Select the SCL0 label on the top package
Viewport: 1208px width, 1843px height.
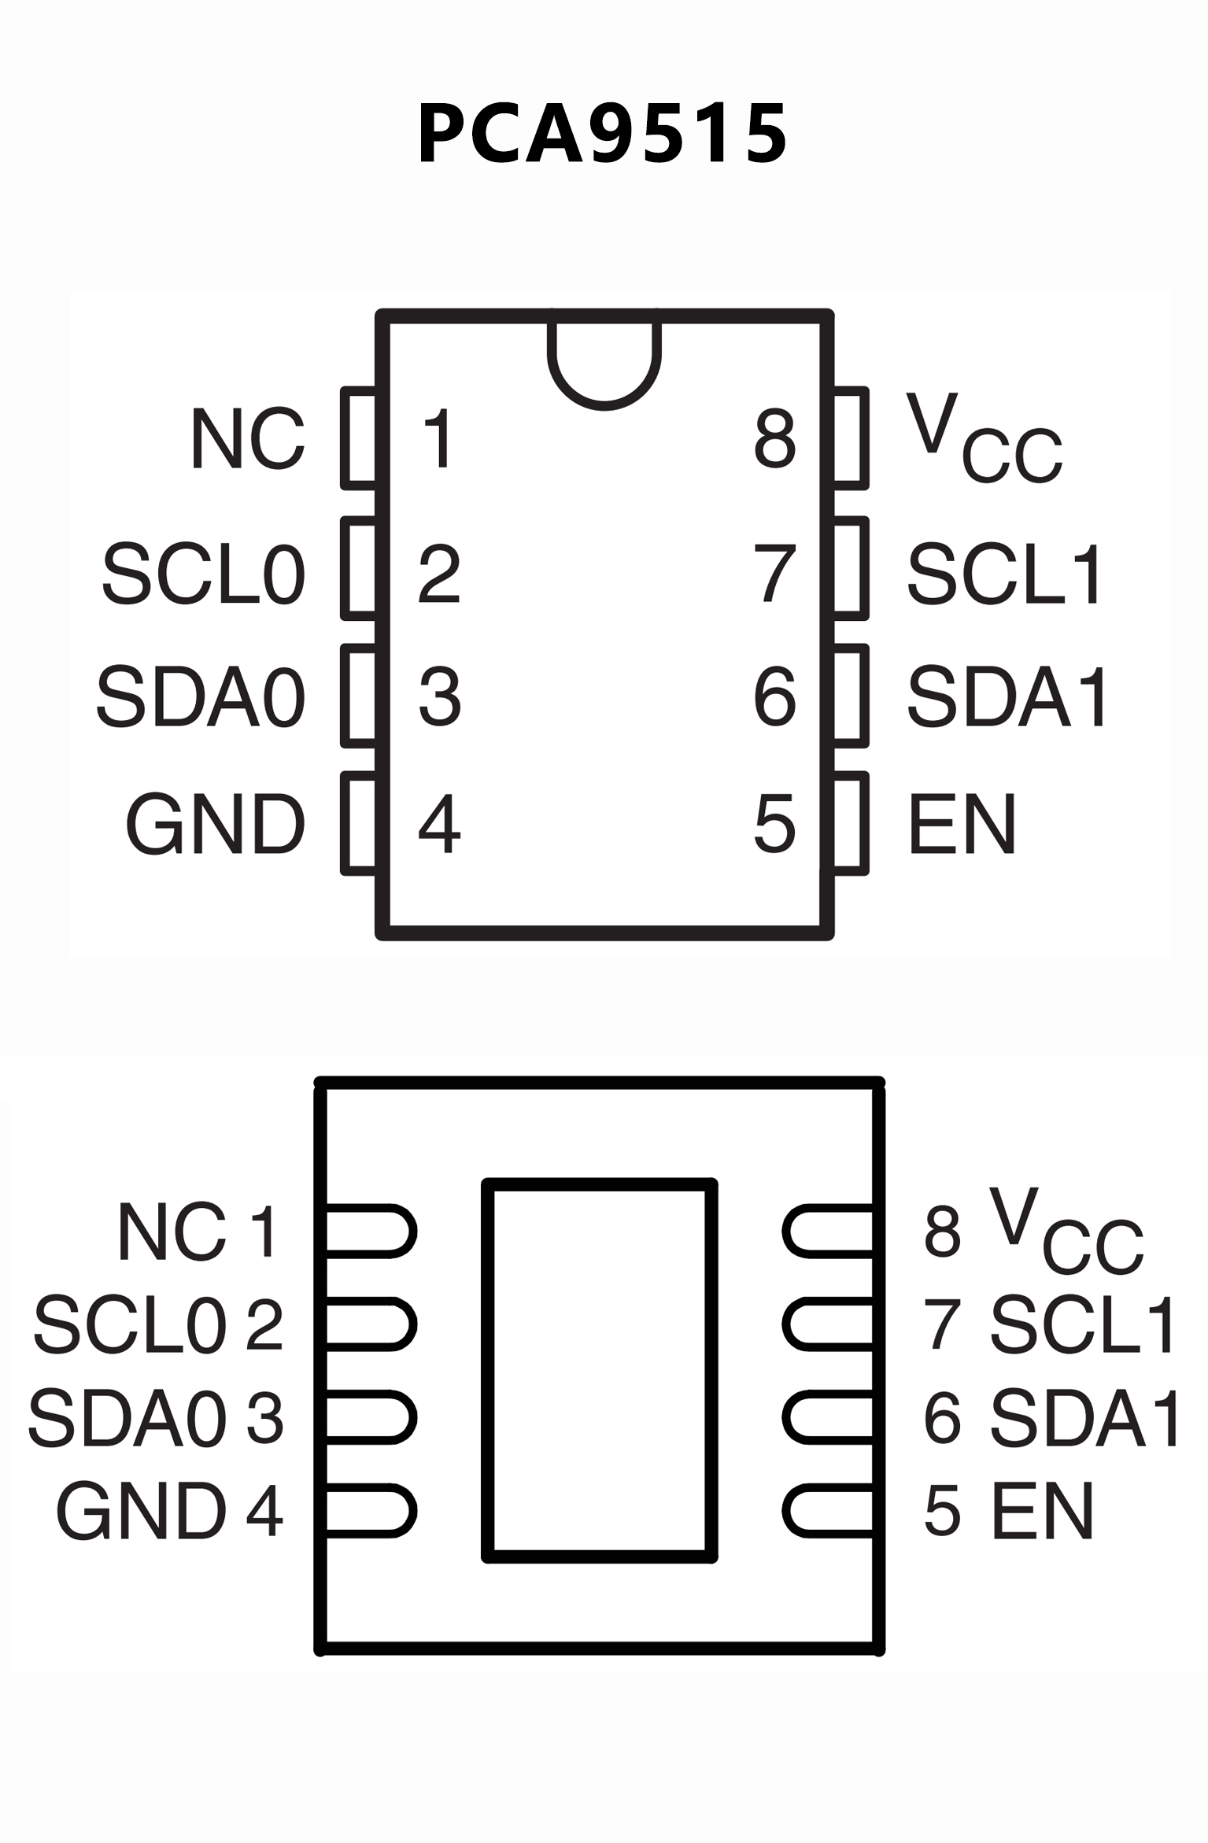pyautogui.click(x=203, y=574)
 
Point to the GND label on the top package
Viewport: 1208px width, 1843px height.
pyautogui.click(x=215, y=824)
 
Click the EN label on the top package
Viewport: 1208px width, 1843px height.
pyautogui.click(x=962, y=824)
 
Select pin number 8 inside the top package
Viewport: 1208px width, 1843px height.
pyautogui.click(x=774, y=438)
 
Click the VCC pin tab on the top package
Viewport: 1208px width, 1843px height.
pyautogui.click(x=850, y=438)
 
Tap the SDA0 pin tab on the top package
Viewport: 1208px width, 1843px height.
pyautogui.click(x=359, y=696)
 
